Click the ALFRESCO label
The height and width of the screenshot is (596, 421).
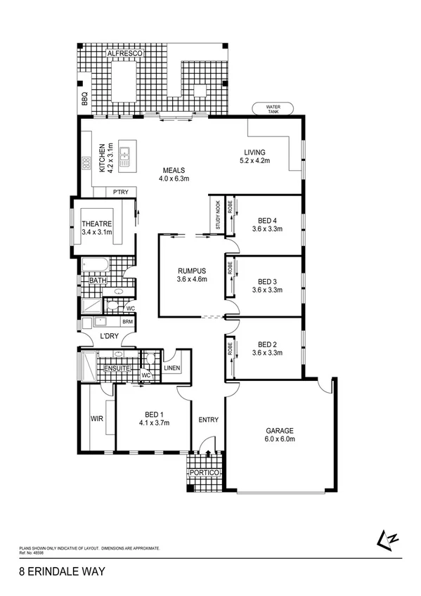(x=125, y=53)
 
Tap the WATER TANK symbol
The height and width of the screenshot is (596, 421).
(x=273, y=109)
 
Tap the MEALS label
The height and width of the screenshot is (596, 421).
(x=174, y=170)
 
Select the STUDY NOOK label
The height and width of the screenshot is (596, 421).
(x=218, y=216)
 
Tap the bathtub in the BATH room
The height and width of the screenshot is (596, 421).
(x=95, y=265)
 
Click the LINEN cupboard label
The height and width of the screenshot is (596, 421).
(x=172, y=368)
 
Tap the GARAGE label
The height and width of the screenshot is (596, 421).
(x=280, y=431)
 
